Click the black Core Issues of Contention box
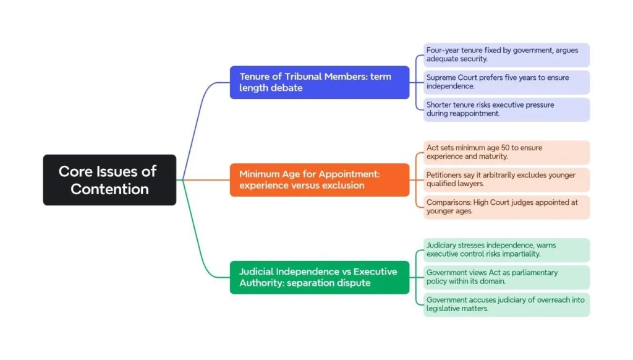point(109,180)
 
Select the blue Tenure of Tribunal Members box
point(319,82)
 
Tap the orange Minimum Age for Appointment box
point(319,180)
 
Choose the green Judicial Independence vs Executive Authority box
point(319,277)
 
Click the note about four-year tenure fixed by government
point(506,54)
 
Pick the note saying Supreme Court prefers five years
point(506,82)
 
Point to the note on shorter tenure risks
point(506,109)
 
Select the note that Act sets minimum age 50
point(506,152)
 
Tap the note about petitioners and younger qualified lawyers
point(506,180)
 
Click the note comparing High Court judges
point(506,207)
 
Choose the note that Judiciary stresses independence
point(506,250)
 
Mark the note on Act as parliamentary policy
point(506,277)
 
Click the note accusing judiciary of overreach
point(506,304)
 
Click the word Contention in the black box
point(109,189)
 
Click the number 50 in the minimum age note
point(504,148)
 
